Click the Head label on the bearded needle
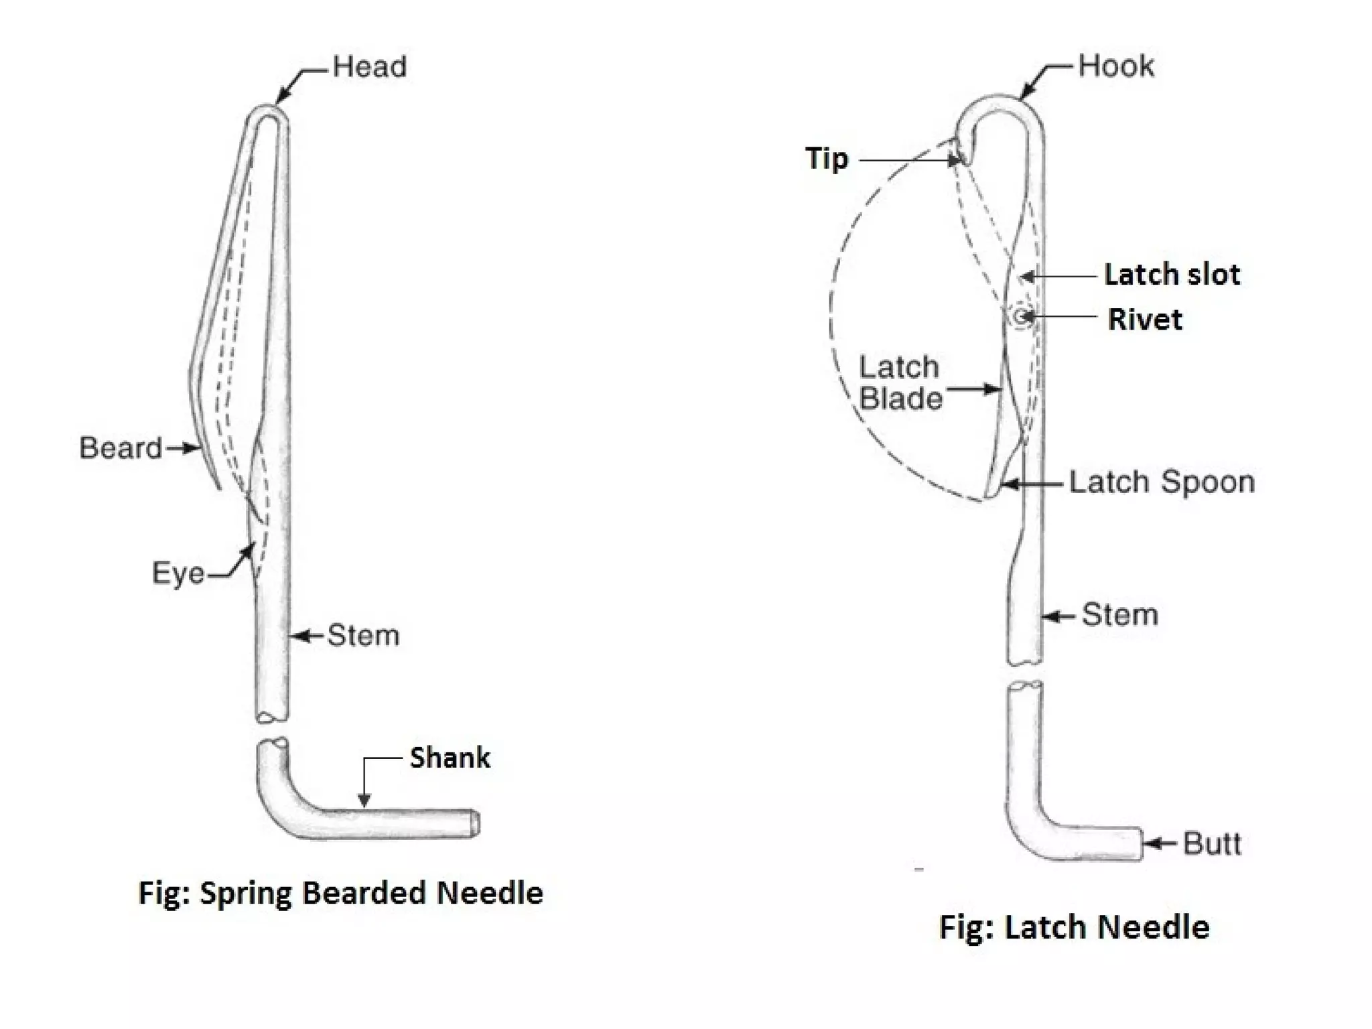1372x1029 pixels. click(369, 67)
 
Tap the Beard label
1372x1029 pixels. click(121, 448)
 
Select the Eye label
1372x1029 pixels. click(178, 573)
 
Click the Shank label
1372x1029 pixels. click(450, 758)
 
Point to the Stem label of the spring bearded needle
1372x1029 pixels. click(363, 635)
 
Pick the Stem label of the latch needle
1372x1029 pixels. click(1120, 614)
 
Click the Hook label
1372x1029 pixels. click(1116, 66)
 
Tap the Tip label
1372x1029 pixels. click(827, 159)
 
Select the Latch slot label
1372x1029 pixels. click(1172, 275)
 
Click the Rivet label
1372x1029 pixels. click(1145, 320)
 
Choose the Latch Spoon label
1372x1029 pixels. click(1162, 482)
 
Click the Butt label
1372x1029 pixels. click(1212, 843)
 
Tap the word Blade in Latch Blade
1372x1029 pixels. click(901, 399)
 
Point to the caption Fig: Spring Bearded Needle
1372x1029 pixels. click(340, 893)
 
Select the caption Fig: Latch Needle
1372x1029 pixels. click(1075, 928)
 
